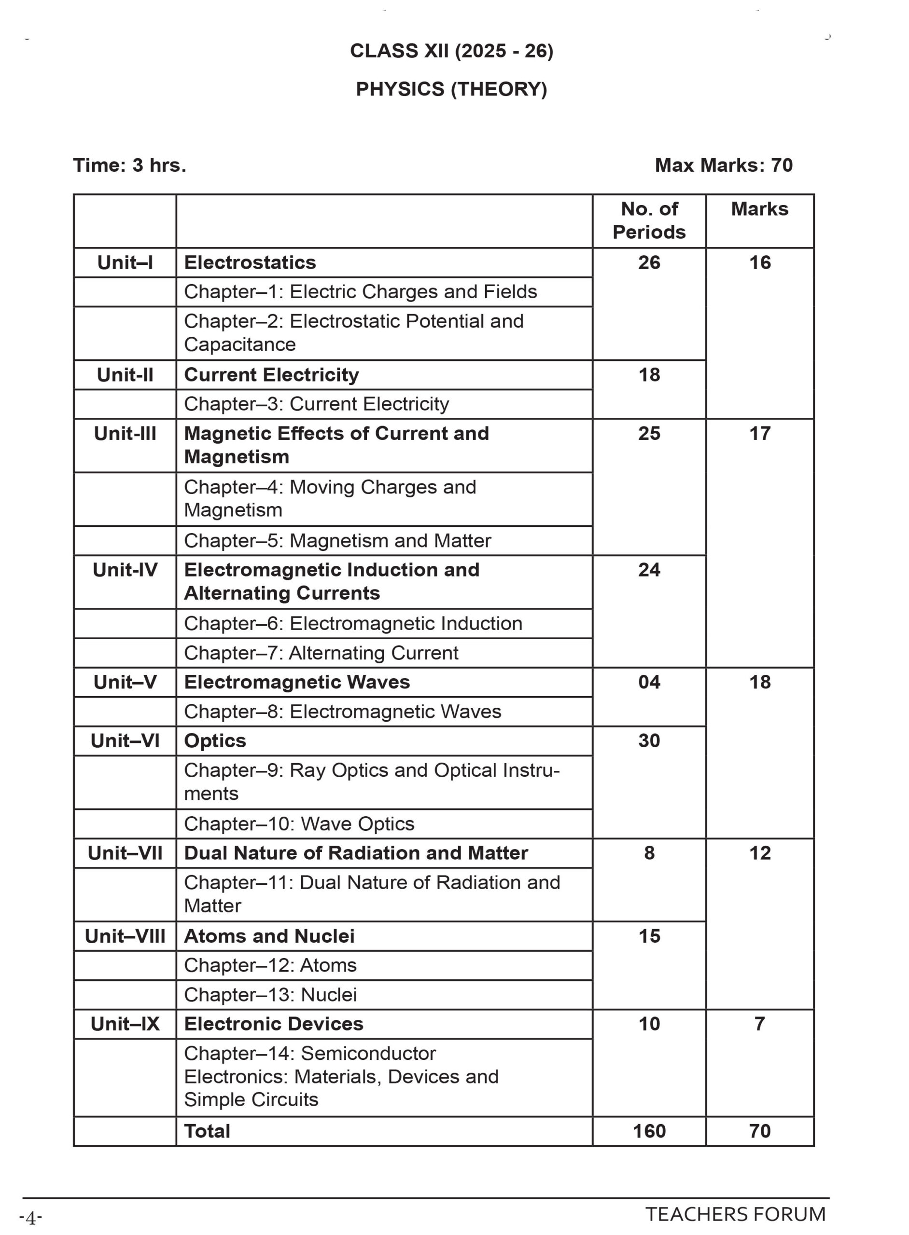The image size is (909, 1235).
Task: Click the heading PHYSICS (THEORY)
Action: click(451, 89)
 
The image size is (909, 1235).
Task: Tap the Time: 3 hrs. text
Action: click(130, 165)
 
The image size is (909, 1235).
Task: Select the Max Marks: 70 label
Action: click(723, 165)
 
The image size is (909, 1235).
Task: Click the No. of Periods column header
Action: click(649, 220)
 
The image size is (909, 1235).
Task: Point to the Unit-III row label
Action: click(125, 433)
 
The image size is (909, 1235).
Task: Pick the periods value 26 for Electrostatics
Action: click(649, 262)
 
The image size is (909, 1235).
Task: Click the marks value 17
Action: click(759, 433)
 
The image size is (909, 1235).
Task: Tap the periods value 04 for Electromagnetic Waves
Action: click(649, 682)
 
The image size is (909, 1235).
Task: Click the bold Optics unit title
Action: click(215, 741)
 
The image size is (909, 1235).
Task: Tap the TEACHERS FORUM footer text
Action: click(735, 1214)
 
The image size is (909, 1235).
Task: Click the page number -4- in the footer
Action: click(31, 1218)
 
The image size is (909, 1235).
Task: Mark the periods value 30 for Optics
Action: click(649, 741)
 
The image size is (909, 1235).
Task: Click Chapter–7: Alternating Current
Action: click(321, 653)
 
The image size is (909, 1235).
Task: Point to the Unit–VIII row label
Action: click(125, 936)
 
